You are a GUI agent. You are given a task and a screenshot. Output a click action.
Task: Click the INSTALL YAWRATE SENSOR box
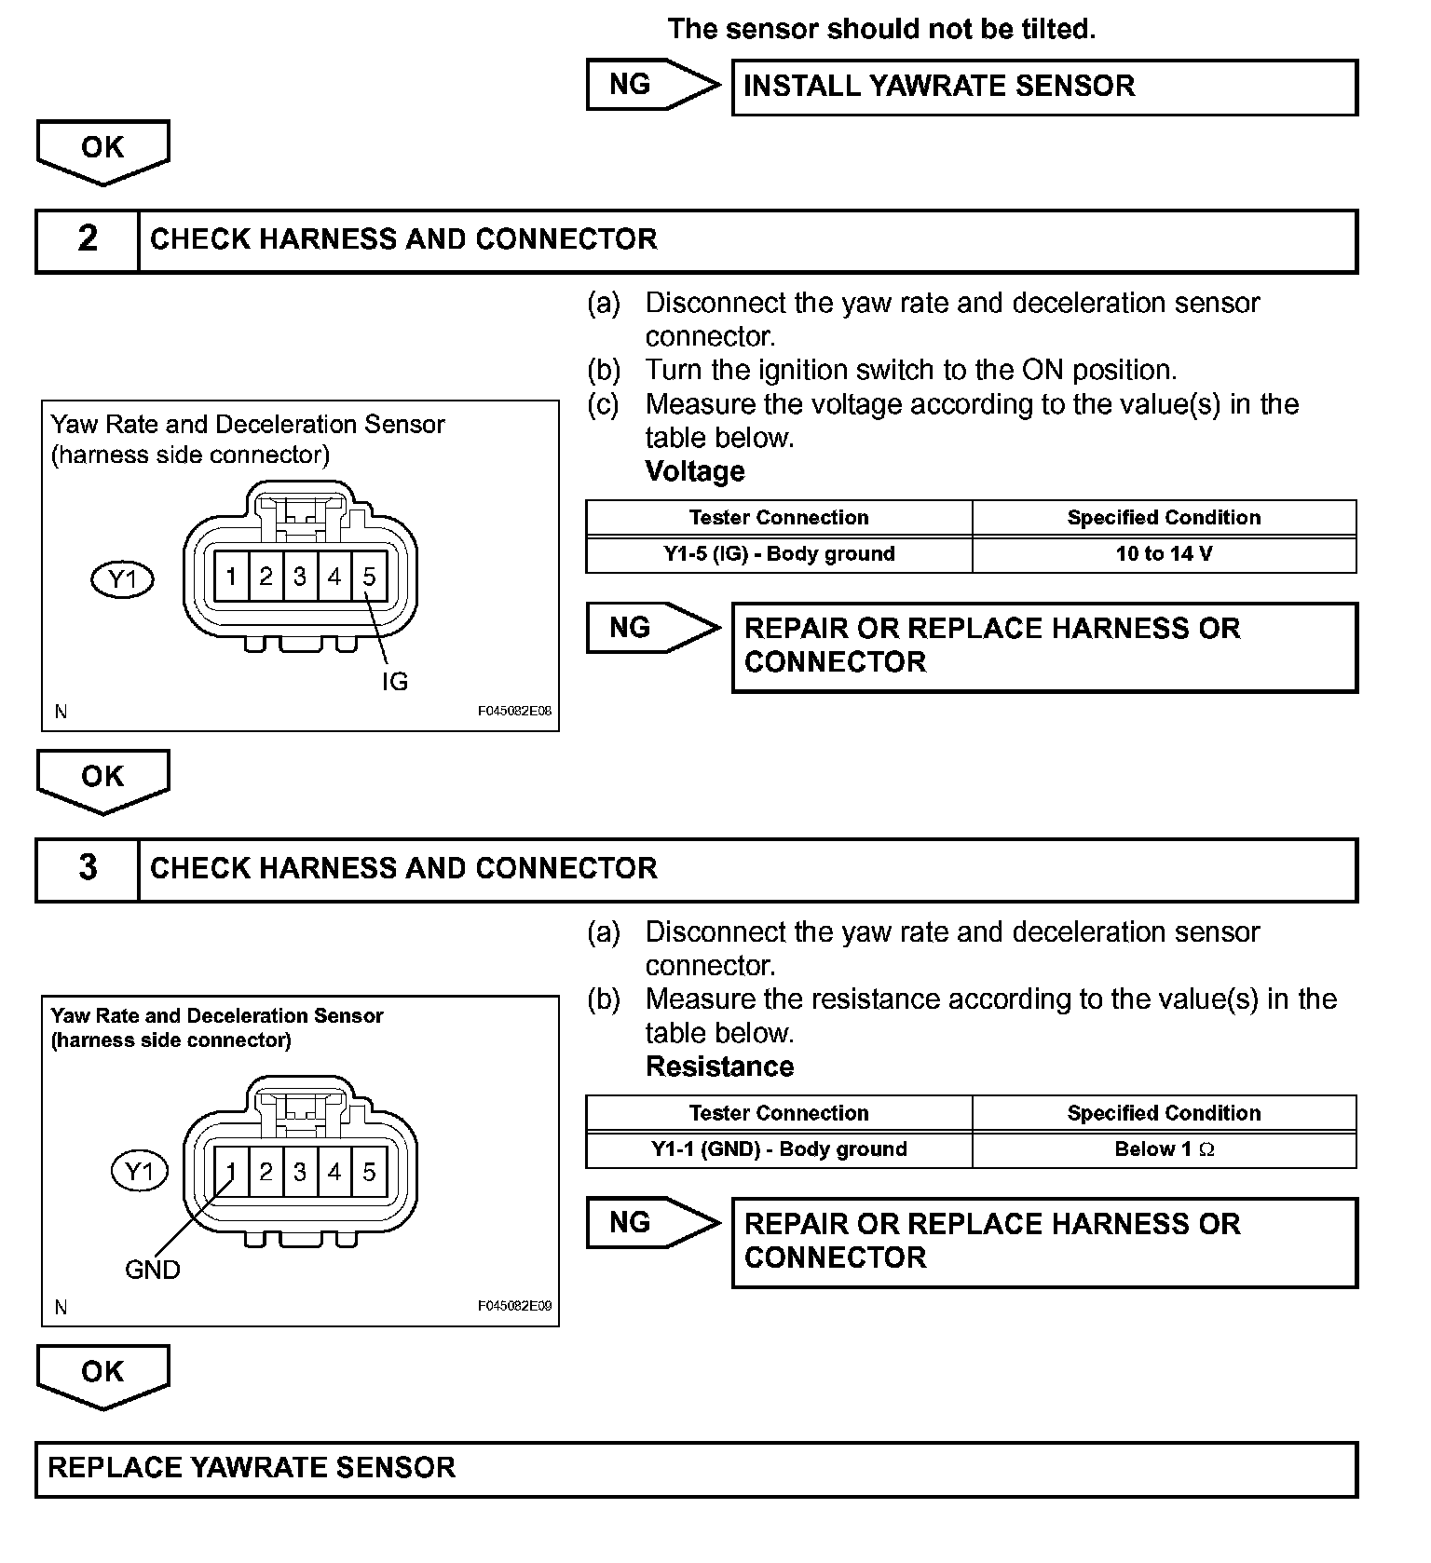(1043, 87)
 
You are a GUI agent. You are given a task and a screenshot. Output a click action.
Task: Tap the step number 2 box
(88, 239)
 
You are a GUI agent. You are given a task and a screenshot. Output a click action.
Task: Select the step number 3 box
(88, 868)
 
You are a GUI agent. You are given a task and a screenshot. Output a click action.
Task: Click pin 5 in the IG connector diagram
(369, 577)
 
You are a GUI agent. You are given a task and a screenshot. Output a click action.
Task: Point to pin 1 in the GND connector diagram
(231, 1171)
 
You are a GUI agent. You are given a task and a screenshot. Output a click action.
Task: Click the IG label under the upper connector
(395, 682)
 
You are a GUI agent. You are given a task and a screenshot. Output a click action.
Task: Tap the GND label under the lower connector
(152, 1270)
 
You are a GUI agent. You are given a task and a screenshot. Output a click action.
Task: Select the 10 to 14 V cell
(1164, 554)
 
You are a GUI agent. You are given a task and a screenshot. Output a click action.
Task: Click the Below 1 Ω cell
(1164, 1149)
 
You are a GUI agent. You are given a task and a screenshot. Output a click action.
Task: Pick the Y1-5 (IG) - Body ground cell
(779, 554)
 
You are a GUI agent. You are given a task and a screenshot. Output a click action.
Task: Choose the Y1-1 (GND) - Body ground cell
(779, 1149)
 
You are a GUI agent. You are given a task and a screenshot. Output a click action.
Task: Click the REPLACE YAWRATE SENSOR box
(695, 1469)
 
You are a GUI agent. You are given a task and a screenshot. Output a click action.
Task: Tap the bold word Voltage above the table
(695, 471)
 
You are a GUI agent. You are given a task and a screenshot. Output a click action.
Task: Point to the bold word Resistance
(719, 1067)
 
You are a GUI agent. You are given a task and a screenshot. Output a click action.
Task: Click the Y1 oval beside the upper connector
(122, 579)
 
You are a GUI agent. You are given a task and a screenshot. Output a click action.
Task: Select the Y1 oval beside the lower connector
(139, 1171)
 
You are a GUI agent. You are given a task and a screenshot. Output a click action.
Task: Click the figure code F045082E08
(514, 711)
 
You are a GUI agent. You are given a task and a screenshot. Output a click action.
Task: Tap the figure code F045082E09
(514, 1306)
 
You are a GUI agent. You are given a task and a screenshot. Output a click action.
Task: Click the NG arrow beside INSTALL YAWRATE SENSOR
(652, 85)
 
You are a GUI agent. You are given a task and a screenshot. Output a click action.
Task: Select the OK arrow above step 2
(102, 150)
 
